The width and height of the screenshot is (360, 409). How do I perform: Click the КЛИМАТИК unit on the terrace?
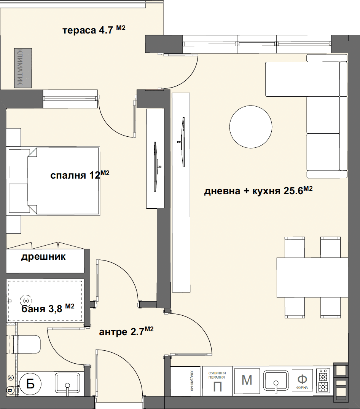[x=23, y=68]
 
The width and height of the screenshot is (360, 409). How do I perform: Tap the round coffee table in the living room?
[x=251, y=127]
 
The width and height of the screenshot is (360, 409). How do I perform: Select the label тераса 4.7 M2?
[x=94, y=30]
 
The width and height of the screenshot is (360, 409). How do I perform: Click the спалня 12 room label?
[x=80, y=175]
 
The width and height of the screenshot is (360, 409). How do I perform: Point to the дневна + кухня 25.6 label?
[x=258, y=191]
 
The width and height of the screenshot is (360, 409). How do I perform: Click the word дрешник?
[x=43, y=257]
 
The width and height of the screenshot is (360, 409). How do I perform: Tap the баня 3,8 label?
[x=48, y=308]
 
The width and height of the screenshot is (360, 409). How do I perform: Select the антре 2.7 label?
[x=126, y=332]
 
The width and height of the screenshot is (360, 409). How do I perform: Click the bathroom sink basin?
[x=67, y=383]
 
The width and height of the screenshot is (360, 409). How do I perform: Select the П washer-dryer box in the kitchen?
[x=217, y=380]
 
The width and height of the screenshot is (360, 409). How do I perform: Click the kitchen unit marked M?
[x=247, y=380]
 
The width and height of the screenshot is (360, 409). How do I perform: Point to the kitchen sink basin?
[x=276, y=380]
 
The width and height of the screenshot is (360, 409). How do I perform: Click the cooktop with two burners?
[x=323, y=380]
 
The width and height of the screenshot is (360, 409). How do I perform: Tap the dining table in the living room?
[x=312, y=278]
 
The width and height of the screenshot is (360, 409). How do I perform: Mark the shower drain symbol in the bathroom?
[x=25, y=301]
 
